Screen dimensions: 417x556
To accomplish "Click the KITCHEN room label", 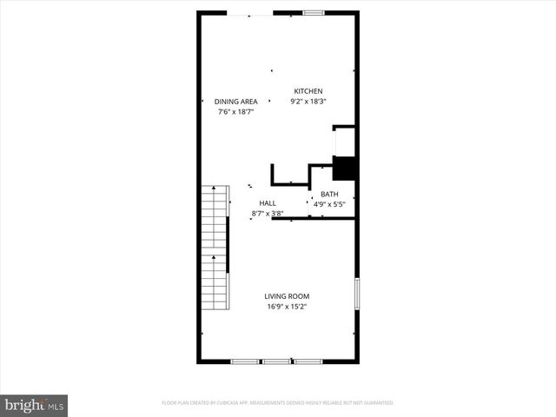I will click(308, 91).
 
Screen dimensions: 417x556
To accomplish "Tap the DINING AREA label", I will click(236, 102).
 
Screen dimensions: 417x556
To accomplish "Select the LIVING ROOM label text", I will click(287, 296).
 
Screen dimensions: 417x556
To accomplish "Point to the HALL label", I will click(267, 203).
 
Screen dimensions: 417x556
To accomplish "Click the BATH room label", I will click(329, 194).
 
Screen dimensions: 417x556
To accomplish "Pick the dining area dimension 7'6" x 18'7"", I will click(236, 112).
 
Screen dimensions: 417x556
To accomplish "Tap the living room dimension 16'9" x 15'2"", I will click(287, 307).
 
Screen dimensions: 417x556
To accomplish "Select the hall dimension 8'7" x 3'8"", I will click(268, 213).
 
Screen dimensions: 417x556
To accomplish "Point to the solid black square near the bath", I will click(345, 168).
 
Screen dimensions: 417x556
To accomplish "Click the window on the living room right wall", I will click(356, 293).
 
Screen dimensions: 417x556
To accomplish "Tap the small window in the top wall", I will click(314, 12).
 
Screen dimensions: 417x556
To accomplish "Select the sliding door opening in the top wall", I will click(250, 13).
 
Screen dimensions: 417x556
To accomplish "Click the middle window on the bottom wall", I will click(276, 361).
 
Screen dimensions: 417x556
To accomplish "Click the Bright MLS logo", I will click(34, 405).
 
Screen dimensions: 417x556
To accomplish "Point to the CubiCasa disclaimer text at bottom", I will click(278, 403).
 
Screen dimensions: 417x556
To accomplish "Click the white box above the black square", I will click(345, 141).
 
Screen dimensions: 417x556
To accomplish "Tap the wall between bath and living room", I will click(313, 218).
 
